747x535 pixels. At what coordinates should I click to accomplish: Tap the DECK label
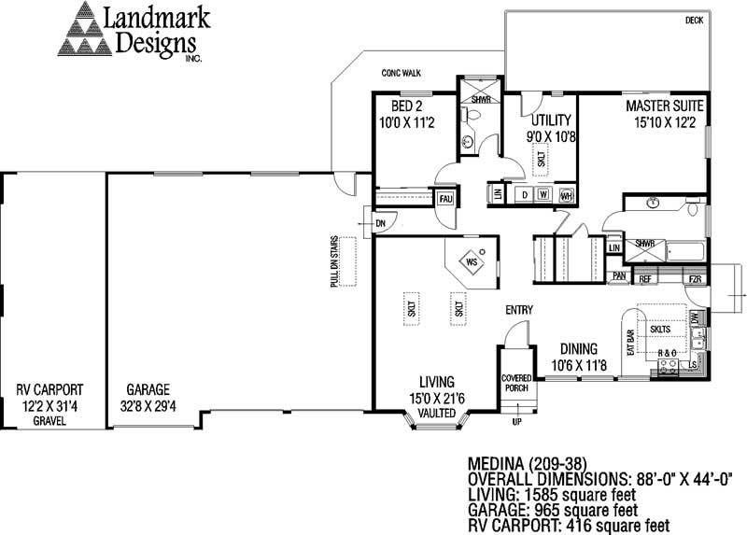[x=694, y=20]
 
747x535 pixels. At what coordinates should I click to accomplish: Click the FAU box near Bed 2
[x=446, y=199]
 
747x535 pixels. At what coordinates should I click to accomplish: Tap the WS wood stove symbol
[x=472, y=263]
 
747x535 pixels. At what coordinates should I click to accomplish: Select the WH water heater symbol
[x=565, y=195]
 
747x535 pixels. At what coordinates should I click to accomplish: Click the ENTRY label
[x=519, y=310]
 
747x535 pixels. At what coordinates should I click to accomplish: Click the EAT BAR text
[x=630, y=343]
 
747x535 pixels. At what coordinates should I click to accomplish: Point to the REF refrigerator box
[x=645, y=278]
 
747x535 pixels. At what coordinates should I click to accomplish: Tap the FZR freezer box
[x=695, y=278]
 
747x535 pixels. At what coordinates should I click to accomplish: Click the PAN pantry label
[x=618, y=276]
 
